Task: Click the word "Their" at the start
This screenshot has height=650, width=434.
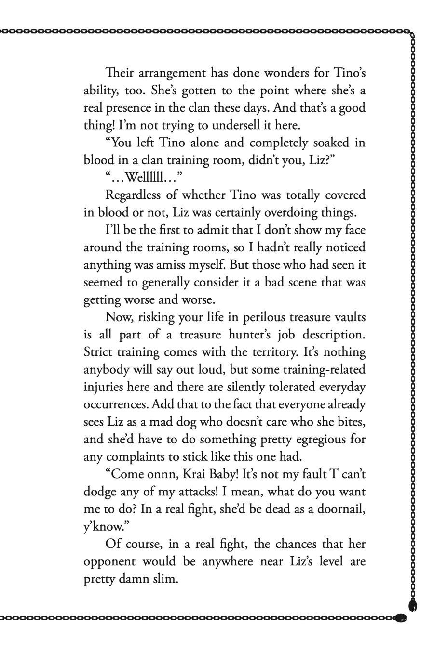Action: coord(118,73)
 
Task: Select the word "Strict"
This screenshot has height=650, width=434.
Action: coord(98,352)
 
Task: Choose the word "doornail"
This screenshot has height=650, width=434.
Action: coord(340,509)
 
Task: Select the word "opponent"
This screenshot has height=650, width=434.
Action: coord(108,561)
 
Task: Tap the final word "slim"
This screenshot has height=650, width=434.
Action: coord(164,579)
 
